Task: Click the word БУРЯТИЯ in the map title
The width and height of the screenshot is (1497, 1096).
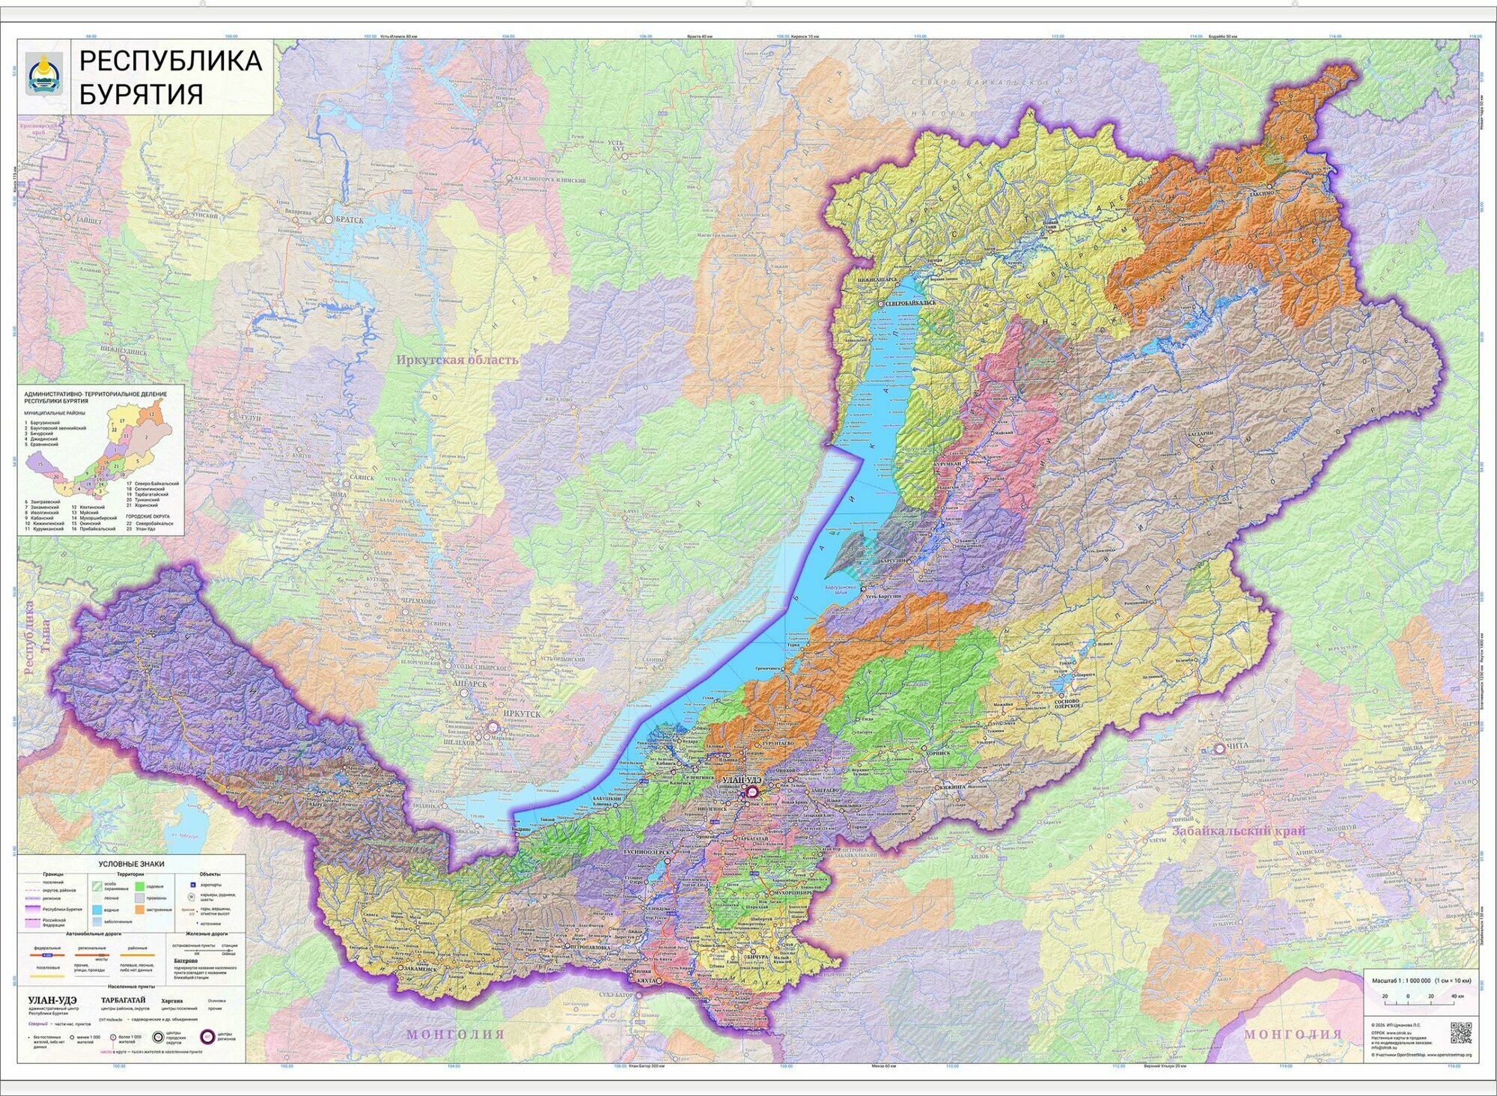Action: tap(141, 95)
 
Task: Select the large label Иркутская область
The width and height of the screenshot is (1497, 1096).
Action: tap(457, 360)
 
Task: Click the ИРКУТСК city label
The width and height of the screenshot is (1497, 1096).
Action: tap(521, 714)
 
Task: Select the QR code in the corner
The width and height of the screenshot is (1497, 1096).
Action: tap(1460, 1032)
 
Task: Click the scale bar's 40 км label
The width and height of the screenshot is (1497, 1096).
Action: tap(1457, 996)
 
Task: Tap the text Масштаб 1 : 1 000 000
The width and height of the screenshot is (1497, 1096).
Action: tap(1400, 980)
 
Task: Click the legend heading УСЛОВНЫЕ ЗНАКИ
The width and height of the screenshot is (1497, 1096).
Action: tap(131, 864)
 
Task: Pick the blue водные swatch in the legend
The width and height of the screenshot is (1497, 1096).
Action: tap(97, 910)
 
